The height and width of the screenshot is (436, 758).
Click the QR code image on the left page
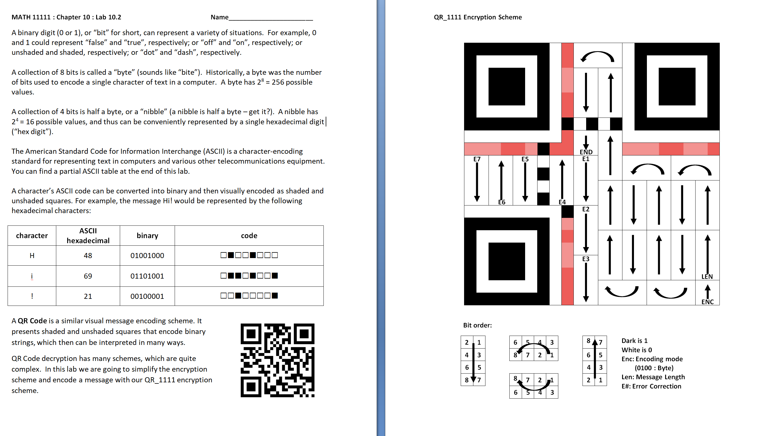tap(277, 360)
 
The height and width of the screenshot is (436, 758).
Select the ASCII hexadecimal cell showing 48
tap(88, 256)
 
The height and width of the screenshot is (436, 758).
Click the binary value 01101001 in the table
tap(147, 276)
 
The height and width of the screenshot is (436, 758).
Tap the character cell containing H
tap(32, 256)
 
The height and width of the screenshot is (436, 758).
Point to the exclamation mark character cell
tap(32, 296)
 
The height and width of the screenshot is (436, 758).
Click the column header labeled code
tap(249, 236)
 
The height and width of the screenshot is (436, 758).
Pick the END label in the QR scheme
tap(586, 152)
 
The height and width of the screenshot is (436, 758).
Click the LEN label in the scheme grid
tap(707, 277)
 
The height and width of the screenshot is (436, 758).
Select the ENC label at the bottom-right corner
tap(707, 302)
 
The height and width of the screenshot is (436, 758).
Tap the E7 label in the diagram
tap(477, 159)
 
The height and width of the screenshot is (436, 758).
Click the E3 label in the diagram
tap(586, 259)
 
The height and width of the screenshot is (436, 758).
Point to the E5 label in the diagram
tap(525, 159)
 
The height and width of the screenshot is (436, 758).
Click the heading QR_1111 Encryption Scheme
tap(478, 17)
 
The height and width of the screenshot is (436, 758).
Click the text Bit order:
tap(477, 325)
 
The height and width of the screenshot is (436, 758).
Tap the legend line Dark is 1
tap(634, 341)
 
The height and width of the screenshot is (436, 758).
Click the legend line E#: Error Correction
tap(651, 386)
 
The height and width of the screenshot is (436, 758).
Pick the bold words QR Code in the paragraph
tap(32, 321)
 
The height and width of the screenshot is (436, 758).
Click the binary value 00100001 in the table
tap(147, 296)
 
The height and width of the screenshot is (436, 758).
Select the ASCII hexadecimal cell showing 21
tap(88, 296)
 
